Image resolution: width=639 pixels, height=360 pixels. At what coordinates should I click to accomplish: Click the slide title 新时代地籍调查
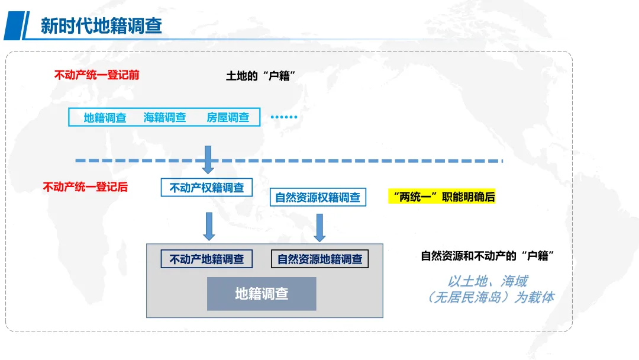point(101,26)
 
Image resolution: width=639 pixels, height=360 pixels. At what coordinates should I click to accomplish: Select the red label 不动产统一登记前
point(97,75)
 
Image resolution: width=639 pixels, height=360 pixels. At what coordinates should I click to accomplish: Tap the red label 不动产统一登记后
point(85,187)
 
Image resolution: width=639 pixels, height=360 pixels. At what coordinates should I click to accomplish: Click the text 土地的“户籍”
point(260,76)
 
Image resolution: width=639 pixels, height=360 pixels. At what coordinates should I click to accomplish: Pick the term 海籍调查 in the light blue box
point(165,117)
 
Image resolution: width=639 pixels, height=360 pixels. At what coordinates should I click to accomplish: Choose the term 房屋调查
point(228,117)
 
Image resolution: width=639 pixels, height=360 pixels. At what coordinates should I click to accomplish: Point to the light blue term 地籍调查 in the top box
point(105,117)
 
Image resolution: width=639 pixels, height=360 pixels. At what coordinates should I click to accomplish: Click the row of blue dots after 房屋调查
point(283,117)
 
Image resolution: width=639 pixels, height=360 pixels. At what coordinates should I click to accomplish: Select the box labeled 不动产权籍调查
point(206,187)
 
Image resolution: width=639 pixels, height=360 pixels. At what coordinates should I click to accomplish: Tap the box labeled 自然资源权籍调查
point(318,197)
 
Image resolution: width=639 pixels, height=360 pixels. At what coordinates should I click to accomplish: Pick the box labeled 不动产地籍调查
point(206,259)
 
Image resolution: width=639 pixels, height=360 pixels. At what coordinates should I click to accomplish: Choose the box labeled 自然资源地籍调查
point(319,259)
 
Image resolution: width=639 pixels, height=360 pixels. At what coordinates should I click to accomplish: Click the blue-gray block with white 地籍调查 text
point(262,294)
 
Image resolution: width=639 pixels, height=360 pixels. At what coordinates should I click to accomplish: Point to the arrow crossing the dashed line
point(208,159)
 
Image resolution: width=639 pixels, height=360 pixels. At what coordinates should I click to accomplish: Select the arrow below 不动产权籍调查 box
point(208,226)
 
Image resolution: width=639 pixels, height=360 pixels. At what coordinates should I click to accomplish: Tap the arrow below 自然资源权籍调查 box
point(319,227)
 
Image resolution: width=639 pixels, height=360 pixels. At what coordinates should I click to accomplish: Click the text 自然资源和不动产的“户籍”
point(487,256)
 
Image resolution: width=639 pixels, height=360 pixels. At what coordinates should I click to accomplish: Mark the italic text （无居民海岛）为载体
point(490,297)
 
